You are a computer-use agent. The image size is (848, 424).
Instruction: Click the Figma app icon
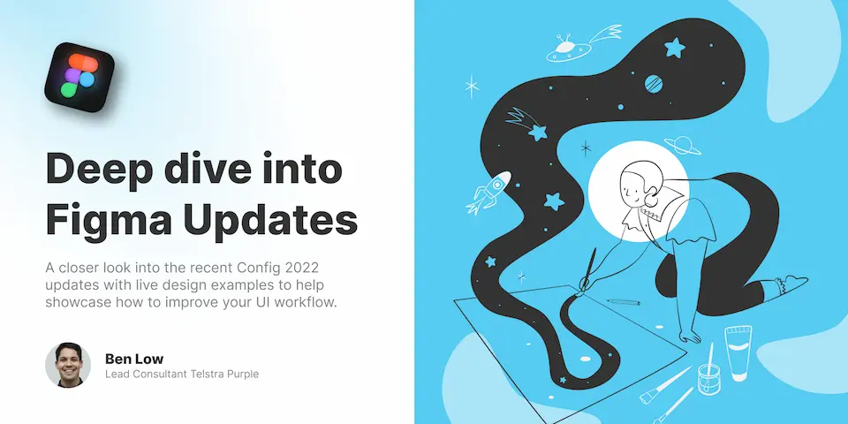coord(79,77)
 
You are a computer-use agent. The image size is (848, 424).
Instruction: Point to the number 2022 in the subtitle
coord(313,268)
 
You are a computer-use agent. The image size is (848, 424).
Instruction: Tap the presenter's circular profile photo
coord(68,365)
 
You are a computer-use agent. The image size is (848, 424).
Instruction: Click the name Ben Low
coord(134,359)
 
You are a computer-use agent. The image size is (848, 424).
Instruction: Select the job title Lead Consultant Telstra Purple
coord(182,374)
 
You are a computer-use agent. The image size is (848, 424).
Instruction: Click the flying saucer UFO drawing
coord(568,48)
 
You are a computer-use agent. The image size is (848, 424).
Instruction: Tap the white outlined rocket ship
coord(488,192)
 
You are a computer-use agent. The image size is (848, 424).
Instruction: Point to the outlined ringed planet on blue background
coord(683,145)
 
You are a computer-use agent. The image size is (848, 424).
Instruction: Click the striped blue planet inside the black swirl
coord(654,83)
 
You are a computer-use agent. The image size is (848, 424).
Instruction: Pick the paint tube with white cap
coord(738,352)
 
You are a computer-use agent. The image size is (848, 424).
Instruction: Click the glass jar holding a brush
coord(708,378)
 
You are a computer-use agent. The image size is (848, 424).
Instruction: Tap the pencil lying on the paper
coord(623,302)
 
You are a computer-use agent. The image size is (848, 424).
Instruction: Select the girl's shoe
coord(792,283)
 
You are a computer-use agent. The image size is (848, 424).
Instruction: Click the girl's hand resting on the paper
coord(690,337)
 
